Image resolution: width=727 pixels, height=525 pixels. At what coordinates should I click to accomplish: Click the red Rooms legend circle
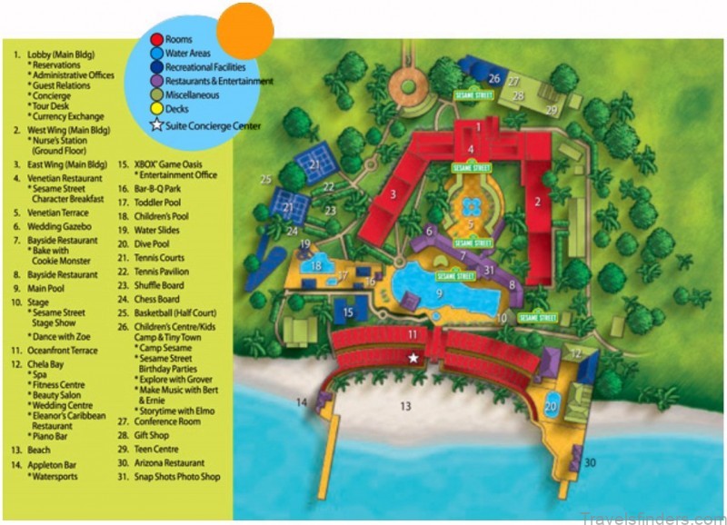tap(157, 39)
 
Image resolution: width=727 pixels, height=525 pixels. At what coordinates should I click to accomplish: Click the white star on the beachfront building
tap(413, 359)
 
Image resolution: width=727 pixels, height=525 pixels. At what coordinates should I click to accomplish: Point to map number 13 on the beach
tap(405, 406)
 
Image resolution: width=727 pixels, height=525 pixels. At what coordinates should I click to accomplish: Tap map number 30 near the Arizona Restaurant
tap(590, 463)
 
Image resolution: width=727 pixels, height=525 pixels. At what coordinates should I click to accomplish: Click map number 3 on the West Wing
tap(392, 193)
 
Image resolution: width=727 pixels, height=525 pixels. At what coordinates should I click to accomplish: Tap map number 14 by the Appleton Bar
tap(303, 401)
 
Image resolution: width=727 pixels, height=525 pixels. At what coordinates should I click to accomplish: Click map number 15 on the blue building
tap(348, 312)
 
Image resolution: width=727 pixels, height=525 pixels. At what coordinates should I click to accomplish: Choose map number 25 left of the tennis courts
tap(265, 180)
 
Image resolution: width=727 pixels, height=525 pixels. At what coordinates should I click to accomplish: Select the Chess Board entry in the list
tap(157, 299)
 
